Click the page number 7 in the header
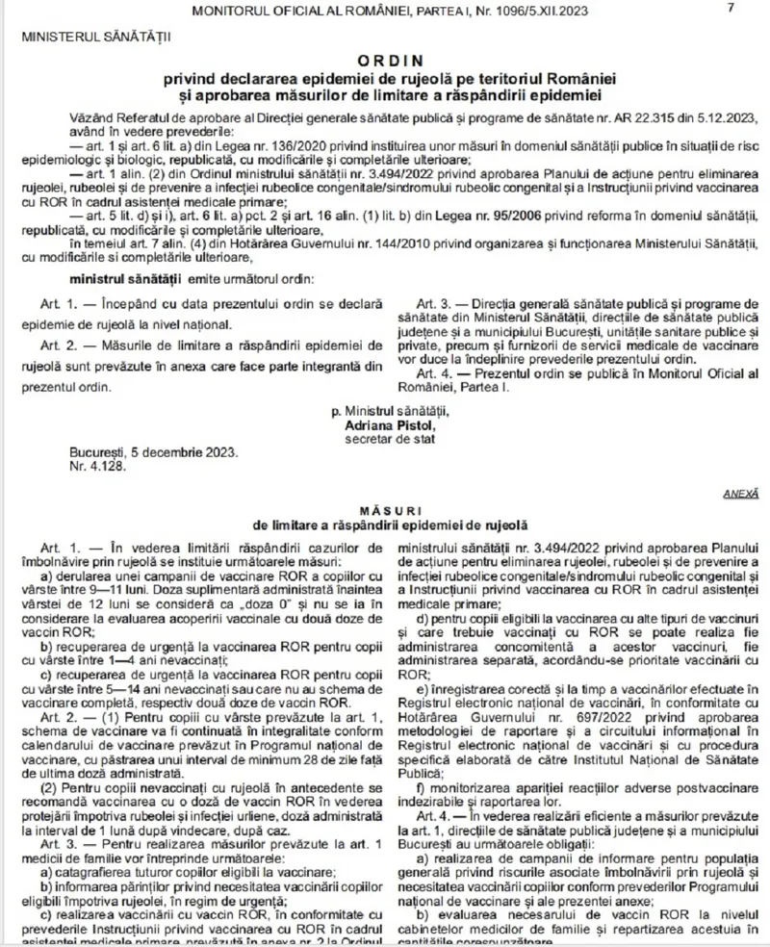731,9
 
